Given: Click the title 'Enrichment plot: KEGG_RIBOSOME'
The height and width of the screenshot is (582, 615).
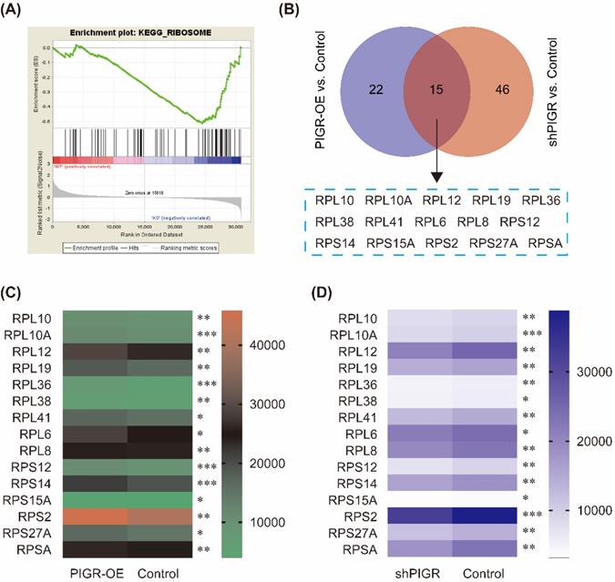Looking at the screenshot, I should click(134, 31).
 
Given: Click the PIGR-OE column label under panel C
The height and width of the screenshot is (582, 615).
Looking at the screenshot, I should click(102, 573).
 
